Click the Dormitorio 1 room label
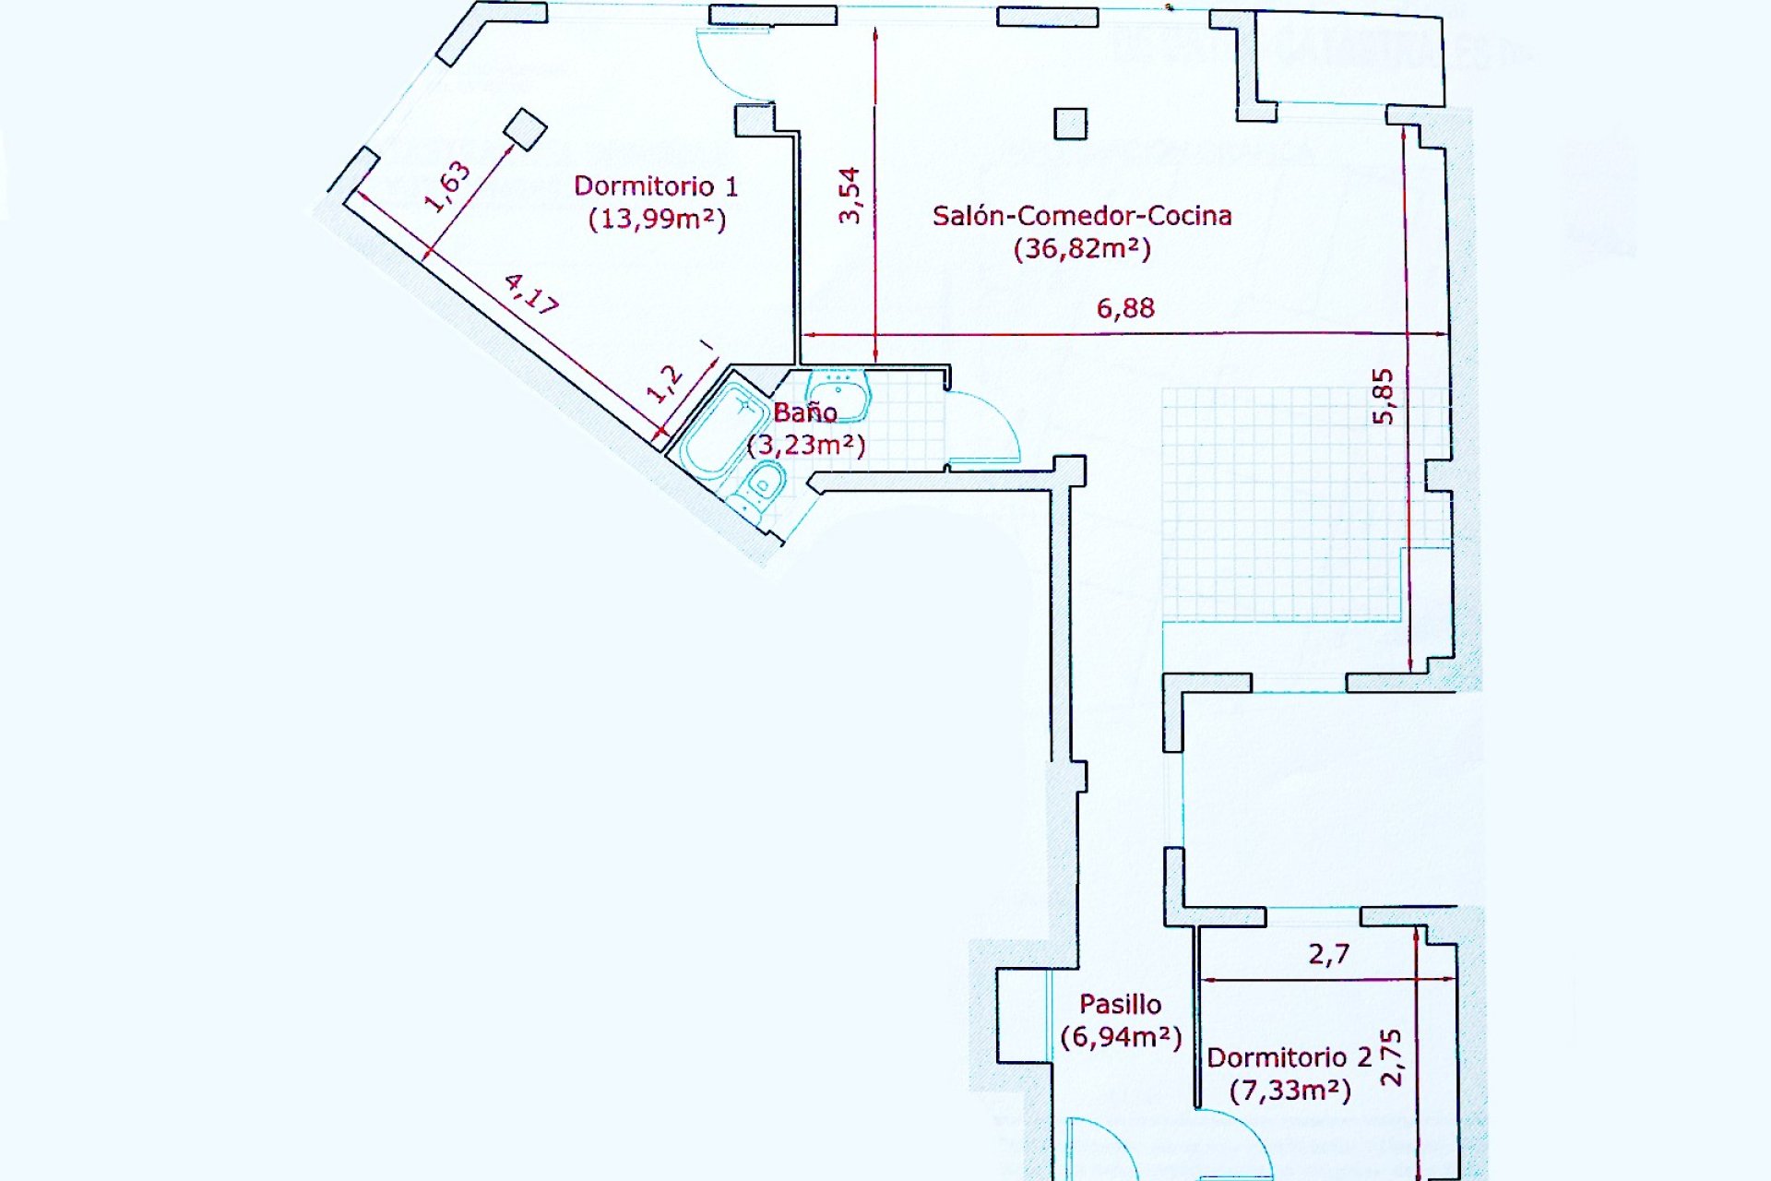click(656, 186)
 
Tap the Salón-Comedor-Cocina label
click(1082, 216)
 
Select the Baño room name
click(805, 412)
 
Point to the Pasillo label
click(1121, 1004)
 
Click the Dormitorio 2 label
click(1290, 1057)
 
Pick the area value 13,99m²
click(658, 220)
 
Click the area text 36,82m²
click(1082, 249)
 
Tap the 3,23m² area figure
click(806, 446)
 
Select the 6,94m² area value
click(1121, 1037)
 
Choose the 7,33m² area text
click(1290, 1091)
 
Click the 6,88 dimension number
click(1125, 308)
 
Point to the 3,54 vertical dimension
click(850, 195)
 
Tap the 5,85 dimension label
click(1384, 397)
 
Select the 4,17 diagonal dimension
click(531, 293)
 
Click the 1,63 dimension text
click(447, 187)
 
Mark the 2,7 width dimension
click(1329, 954)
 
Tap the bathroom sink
click(838, 394)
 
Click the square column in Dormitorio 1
click(526, 129)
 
